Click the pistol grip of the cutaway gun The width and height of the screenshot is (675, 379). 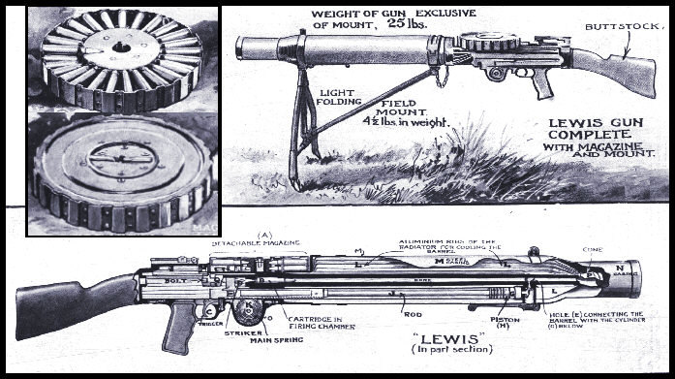180,330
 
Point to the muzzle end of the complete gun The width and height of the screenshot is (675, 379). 245,47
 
